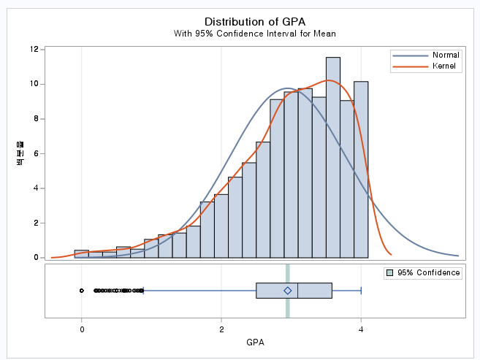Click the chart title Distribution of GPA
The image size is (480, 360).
point(254,21)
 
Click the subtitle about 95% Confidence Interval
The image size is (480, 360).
point(254,34)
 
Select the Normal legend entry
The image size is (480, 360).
point(446,55)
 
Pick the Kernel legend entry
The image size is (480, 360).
point(444,66)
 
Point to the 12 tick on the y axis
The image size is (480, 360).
point(34,50)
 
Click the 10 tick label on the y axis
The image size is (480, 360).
point(34,84)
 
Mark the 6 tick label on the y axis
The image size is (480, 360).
point(35,153)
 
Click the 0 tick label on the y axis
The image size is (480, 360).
point(35,258)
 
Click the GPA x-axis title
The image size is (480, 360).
point(255,342)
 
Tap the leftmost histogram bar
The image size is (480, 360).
point(82,254)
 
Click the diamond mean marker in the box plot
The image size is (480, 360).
point(288,291)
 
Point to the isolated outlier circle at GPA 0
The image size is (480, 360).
point(82,291)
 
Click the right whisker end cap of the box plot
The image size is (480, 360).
point(362,291)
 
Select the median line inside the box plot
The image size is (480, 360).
point(298,291)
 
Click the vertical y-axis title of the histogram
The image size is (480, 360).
point(20,154)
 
